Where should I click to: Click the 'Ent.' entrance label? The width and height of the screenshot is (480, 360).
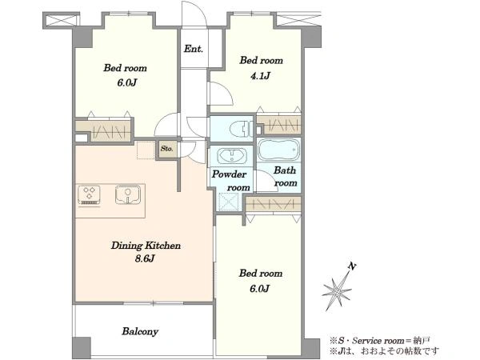pos(193,49)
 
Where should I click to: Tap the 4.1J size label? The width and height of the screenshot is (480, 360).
pos(260,75)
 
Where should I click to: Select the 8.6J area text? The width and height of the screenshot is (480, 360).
pos(145,258)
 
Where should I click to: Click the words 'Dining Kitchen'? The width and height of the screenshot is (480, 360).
pos(146,246)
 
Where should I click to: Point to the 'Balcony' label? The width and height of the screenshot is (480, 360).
pos(140,331)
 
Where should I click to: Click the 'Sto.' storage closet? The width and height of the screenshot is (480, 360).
pos(167,149)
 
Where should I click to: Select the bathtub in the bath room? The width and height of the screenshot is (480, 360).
pos(278,150)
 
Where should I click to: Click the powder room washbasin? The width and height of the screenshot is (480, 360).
pos(232,156)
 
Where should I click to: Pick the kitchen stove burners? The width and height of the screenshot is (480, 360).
pos(89,194)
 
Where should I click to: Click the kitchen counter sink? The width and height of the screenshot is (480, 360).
pos(128,194)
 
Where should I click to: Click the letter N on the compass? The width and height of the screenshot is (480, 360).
pos(352,266)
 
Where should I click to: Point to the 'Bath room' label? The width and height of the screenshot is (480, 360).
pos(286,177)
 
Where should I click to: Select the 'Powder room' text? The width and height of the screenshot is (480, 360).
pos(231,181)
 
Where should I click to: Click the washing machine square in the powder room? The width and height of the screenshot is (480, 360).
pos(228,202)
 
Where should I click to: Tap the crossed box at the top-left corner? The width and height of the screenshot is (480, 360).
pos(62,21)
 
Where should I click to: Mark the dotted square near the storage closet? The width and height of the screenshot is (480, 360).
pos(146,150)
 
